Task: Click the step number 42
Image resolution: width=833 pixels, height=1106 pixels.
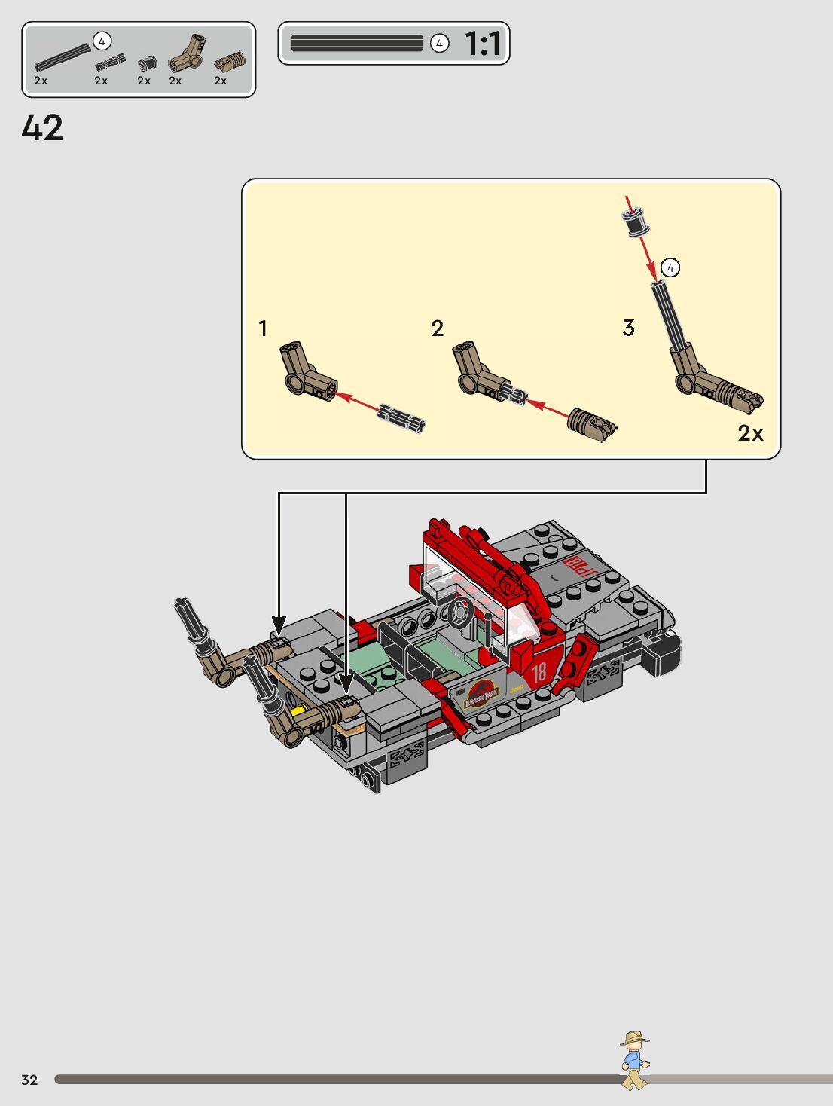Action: coord(42,128)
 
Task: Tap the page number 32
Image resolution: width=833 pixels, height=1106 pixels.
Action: coord(29,1080)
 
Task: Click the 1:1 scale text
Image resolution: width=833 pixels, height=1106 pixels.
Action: coord(483,44)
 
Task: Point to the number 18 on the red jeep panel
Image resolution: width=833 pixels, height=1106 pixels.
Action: coord(539,672)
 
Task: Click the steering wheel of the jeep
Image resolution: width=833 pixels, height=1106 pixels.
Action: coord(460,613)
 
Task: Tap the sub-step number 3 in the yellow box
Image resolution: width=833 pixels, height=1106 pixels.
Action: coord(629,328)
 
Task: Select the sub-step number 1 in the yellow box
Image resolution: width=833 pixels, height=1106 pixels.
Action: coord(262,328)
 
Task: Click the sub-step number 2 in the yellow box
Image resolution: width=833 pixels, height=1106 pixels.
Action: coord(437,328)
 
